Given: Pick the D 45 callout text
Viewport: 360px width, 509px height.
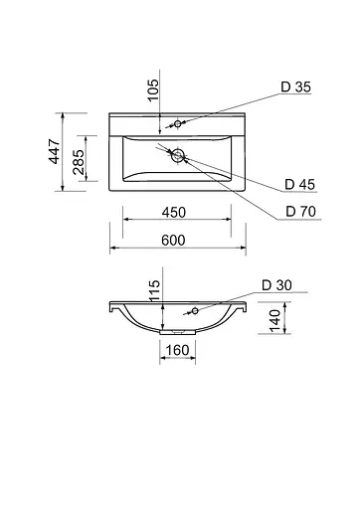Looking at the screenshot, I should pyautogui.click(x=297, y=183).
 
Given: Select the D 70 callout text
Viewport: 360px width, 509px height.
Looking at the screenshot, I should pyautogui.click(x=297, y=210).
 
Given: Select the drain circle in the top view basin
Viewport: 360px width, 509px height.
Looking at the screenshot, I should pyautogui.click(x=175, y=155).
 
